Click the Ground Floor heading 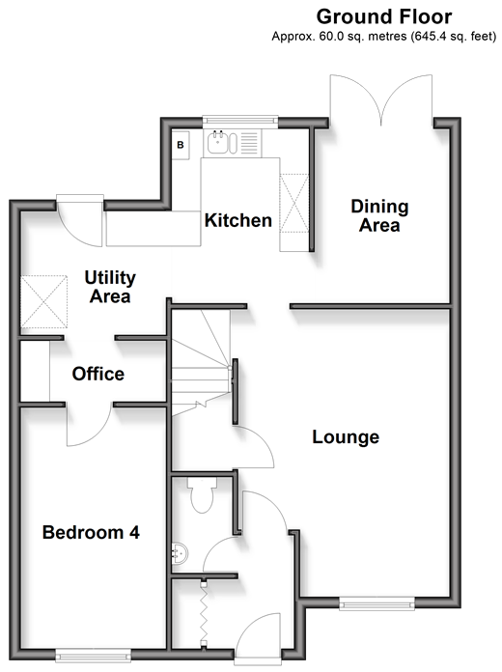click(383, 16)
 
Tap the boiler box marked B click(181, 144)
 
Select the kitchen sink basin click(218, 142)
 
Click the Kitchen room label click(238, 220)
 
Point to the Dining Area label click(379, 215)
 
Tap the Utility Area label click(110, 287)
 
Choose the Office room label click(98, 374)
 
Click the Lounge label click(346, 437)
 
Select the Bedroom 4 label click(91, 532)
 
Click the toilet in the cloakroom click(202, 495)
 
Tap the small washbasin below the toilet click(180, 554)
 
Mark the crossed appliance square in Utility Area click(43, 301)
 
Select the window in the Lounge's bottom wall click(376, 603)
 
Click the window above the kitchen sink click(240, 121)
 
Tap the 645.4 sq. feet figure click(453, 37)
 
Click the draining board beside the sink click(249, 143)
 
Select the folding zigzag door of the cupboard click(204, 611)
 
